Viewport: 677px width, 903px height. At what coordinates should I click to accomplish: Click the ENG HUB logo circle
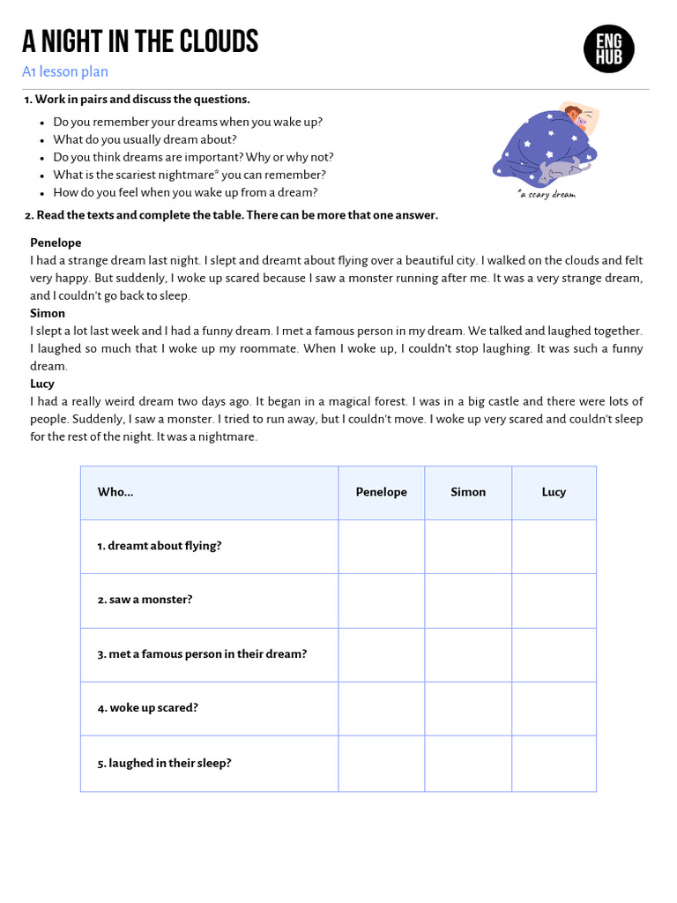coord(608,49)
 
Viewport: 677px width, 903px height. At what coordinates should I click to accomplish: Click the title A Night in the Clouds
coord(140,41)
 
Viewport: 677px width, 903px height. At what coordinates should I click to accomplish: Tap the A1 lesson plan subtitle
coord(65,72)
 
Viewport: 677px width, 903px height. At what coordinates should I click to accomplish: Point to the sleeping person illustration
coord(546,144)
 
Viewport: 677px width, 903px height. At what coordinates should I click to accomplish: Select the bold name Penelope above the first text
coord(56,243)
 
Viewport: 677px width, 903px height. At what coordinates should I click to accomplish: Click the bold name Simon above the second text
coord(48,313)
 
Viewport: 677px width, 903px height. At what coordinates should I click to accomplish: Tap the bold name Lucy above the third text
coord(42,384)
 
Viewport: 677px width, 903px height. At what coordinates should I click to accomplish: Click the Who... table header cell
coord(209,492)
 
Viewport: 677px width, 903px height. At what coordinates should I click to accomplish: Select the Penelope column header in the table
coord(381,492)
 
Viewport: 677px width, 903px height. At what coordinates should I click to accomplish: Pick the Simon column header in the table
coord(468,492)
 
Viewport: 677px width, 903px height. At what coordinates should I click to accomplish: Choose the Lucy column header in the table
coord(554,492)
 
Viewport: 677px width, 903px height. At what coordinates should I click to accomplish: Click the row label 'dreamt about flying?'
coord(160,546)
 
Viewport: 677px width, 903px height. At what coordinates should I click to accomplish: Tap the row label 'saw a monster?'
coord(145,600)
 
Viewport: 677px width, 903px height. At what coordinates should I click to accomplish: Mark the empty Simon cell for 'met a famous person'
coord(468,654)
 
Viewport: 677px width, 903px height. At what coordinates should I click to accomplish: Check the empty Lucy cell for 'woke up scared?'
coord(554,708)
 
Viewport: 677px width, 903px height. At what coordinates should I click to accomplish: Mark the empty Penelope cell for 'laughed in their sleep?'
coord(381,763)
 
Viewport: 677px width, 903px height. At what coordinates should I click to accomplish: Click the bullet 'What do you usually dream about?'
coord(145,139)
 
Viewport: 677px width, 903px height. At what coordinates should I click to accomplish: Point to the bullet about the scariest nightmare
coord(189,175)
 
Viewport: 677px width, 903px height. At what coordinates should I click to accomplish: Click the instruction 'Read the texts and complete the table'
coord(231,215)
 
